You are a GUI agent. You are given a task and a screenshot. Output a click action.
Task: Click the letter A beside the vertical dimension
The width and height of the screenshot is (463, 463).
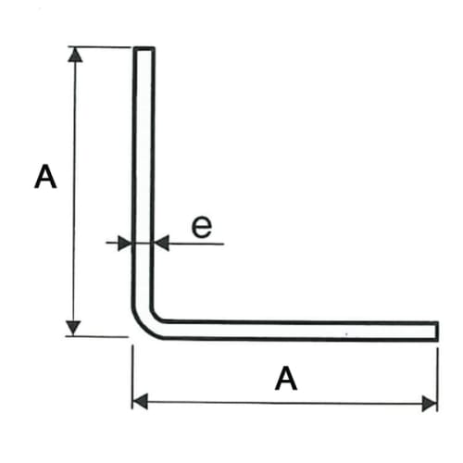tap(45, 176)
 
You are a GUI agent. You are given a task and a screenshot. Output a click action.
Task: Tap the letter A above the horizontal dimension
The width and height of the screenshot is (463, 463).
tap(286, 378)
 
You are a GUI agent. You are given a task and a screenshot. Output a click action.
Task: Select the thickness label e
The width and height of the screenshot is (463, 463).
tap(202, 227)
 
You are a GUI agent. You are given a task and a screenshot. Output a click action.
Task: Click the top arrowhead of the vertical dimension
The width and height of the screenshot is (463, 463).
tap(75, 55)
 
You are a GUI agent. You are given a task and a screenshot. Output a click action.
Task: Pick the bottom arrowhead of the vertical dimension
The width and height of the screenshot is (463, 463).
tap(73, 328)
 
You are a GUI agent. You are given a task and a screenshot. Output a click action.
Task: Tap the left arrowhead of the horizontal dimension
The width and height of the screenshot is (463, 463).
tap(140, 402)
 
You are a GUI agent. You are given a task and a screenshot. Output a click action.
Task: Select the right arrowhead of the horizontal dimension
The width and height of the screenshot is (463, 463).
tap(430, 404)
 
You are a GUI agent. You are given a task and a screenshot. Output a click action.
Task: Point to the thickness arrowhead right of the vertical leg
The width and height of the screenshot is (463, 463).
tap(161, 244)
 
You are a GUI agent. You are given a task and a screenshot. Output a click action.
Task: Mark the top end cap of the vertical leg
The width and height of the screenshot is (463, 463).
tap(144, 48)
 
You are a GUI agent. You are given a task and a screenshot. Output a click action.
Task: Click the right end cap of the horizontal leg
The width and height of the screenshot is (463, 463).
tap(437, 332)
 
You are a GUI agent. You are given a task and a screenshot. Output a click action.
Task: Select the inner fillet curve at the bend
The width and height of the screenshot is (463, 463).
tap(155, 316)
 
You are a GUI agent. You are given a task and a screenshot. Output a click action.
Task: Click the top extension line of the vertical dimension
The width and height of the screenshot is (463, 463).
tap(100, 47)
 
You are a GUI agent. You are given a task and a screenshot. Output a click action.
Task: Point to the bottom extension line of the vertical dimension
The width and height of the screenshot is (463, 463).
tap(97, 336)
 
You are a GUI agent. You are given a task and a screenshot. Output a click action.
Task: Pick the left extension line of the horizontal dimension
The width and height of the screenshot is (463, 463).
tap(132, 377)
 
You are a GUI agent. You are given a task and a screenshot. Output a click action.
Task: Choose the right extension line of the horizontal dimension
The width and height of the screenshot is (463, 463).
tap(437, 380)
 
